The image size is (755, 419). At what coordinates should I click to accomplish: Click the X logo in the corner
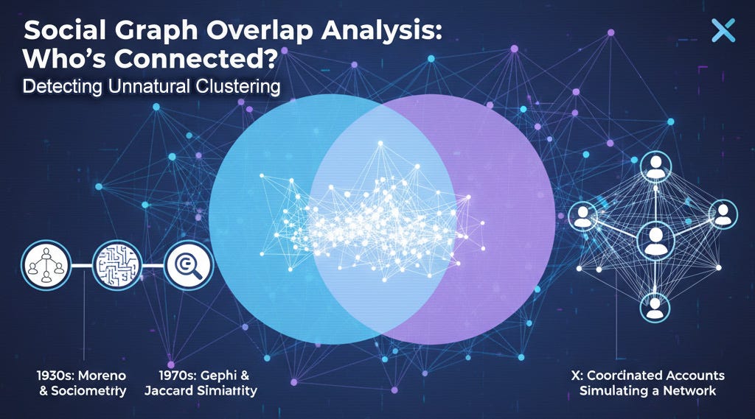click(724, 31)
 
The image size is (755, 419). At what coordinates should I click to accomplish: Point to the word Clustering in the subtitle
click(235, 86)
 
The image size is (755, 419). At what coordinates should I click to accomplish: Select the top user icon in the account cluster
click(655, 169)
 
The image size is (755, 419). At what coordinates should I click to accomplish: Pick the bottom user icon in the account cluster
click(655, 306)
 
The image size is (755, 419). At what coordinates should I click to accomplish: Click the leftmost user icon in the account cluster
click(585, 214)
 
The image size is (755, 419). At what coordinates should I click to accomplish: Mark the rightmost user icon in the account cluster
click(723, 214)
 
